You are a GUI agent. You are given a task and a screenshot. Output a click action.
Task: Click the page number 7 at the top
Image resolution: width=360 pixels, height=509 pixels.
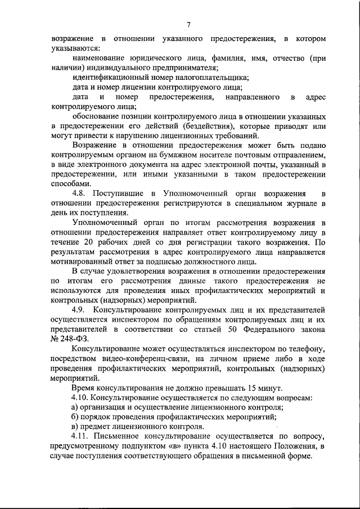(188, 24)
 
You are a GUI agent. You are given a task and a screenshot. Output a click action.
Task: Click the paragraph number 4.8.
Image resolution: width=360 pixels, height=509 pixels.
(81, 193)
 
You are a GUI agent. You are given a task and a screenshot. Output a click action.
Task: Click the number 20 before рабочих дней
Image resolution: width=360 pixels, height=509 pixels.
(84, 242)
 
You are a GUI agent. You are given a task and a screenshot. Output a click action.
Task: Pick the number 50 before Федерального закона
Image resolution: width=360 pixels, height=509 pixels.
(236, 329)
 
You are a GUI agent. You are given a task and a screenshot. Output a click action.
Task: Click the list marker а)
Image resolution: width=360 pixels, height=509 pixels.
(76, 407)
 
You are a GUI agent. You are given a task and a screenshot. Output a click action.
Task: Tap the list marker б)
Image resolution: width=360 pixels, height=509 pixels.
(76, 417)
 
